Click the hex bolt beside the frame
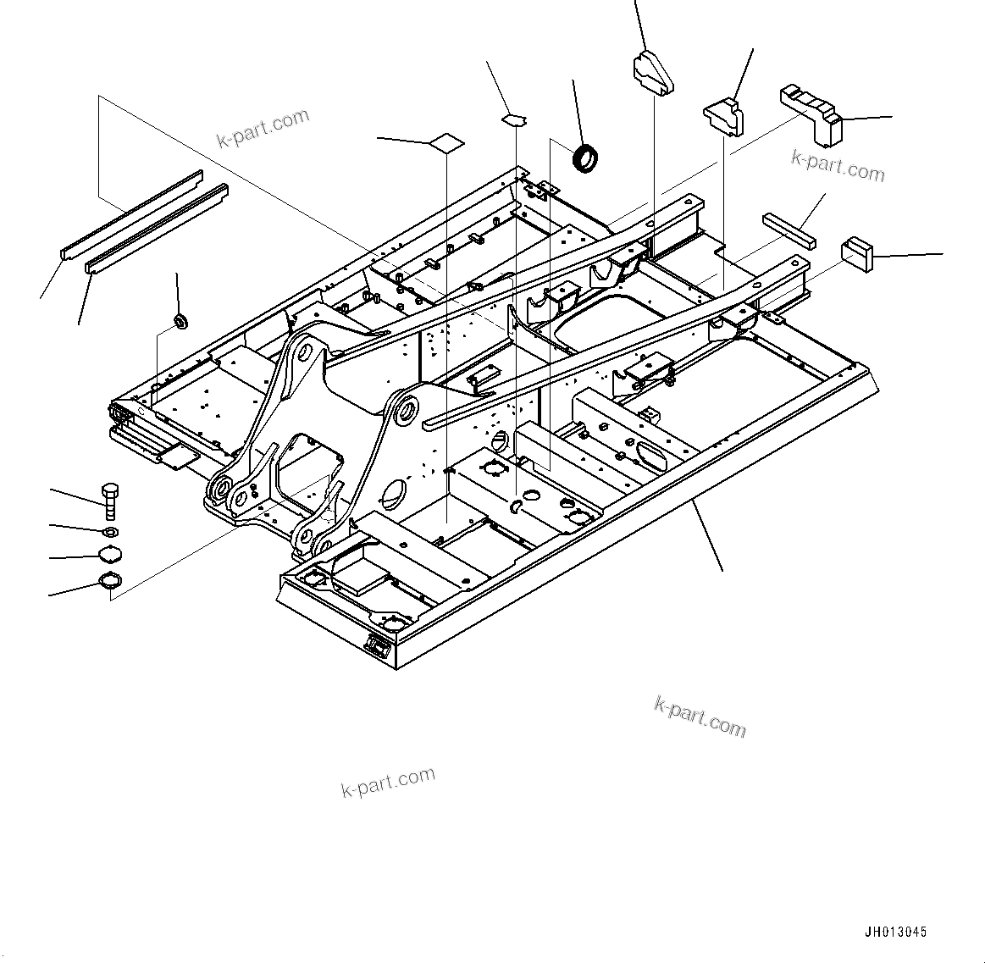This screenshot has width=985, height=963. [x=110, y=501]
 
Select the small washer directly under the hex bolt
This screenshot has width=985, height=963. [x=110, y=532]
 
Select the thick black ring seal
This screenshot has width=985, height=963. [x=585, y=158]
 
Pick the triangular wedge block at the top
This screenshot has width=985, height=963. [x=652, y=71]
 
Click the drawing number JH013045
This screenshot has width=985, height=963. [x=895, y=932]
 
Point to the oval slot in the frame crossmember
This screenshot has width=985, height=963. [x=650, y=453]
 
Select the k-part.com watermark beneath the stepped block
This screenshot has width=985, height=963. [x=838, y=166]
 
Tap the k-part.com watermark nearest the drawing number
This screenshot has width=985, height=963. [x=700, y=716]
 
